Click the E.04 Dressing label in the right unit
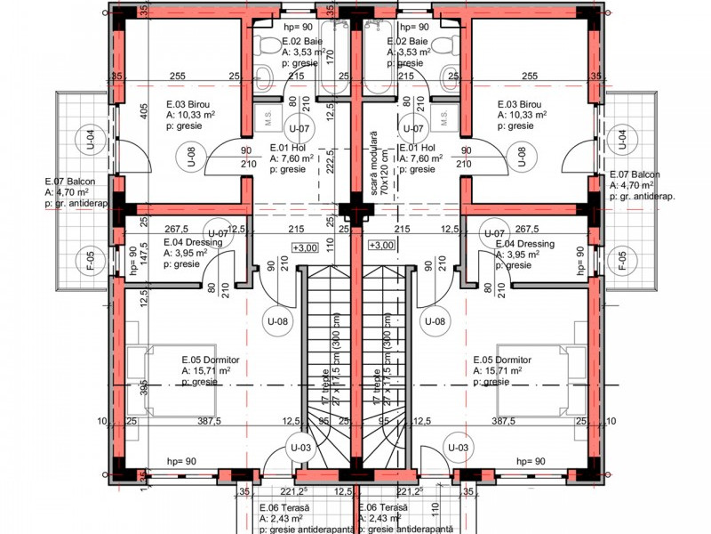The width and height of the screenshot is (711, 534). pos(524,244)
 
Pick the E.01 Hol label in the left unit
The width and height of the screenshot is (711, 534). pos(291,148)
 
